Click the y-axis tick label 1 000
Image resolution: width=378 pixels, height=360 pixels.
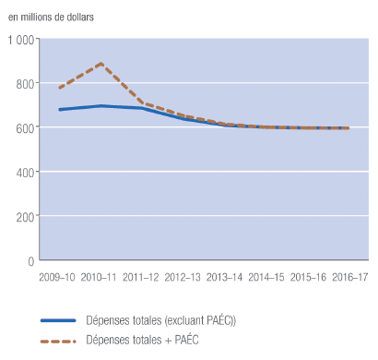(20, 40)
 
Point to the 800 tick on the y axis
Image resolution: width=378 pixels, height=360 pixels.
(25, 84)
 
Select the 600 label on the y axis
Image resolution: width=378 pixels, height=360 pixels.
(25, 128)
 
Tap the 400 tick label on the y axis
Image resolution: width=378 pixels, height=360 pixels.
(25, 173)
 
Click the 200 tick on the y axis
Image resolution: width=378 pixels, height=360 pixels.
(25, 217)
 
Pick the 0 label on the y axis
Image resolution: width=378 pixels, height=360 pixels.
(30, 261)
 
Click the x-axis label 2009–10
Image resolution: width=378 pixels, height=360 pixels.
(58, 276)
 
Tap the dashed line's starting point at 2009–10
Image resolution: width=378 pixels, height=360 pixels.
(59, 89)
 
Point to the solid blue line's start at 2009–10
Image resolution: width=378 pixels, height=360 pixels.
(59, 110)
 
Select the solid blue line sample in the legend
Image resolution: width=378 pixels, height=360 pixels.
(69, 320)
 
